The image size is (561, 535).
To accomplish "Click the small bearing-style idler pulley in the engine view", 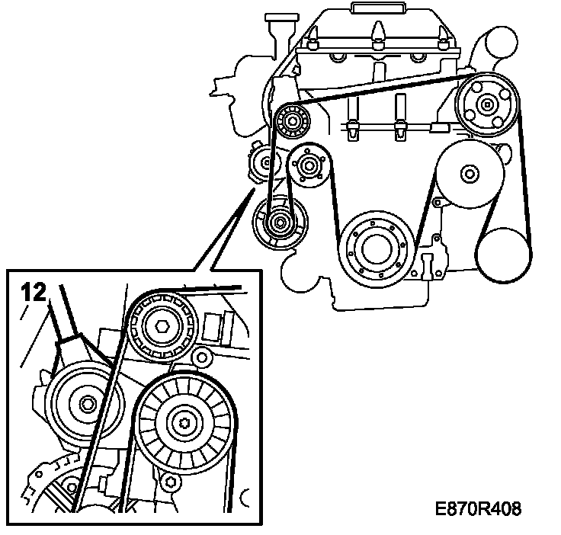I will point(291,120).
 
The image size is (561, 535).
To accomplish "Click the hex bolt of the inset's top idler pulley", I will point(161,327).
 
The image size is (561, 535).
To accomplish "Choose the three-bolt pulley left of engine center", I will point(309,165).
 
